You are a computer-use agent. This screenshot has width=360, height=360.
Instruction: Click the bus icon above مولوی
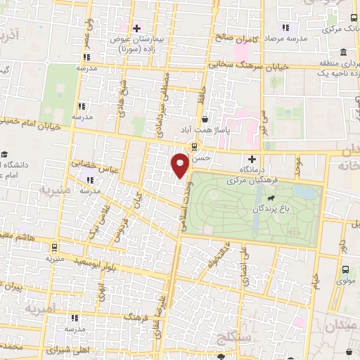coord(345,269)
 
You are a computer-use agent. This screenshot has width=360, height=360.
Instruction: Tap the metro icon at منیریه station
coord(54,247)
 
